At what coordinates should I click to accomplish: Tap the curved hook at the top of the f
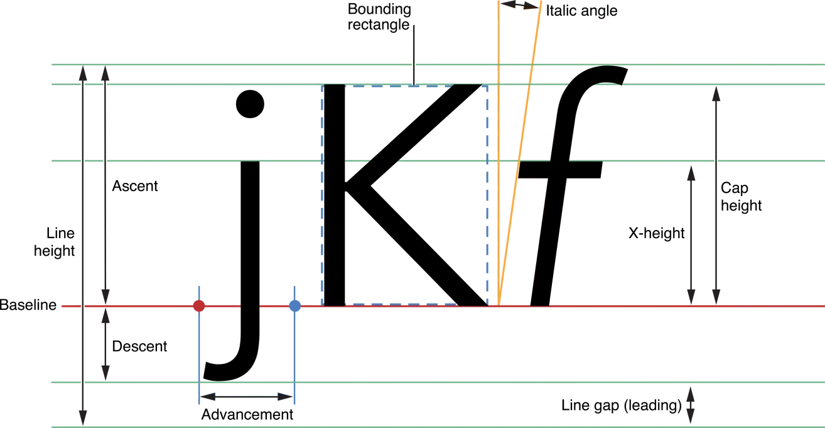(x=596, y=75)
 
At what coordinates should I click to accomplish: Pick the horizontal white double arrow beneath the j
(x=246, y=397)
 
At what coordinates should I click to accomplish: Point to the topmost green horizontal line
(x=251, y=65)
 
